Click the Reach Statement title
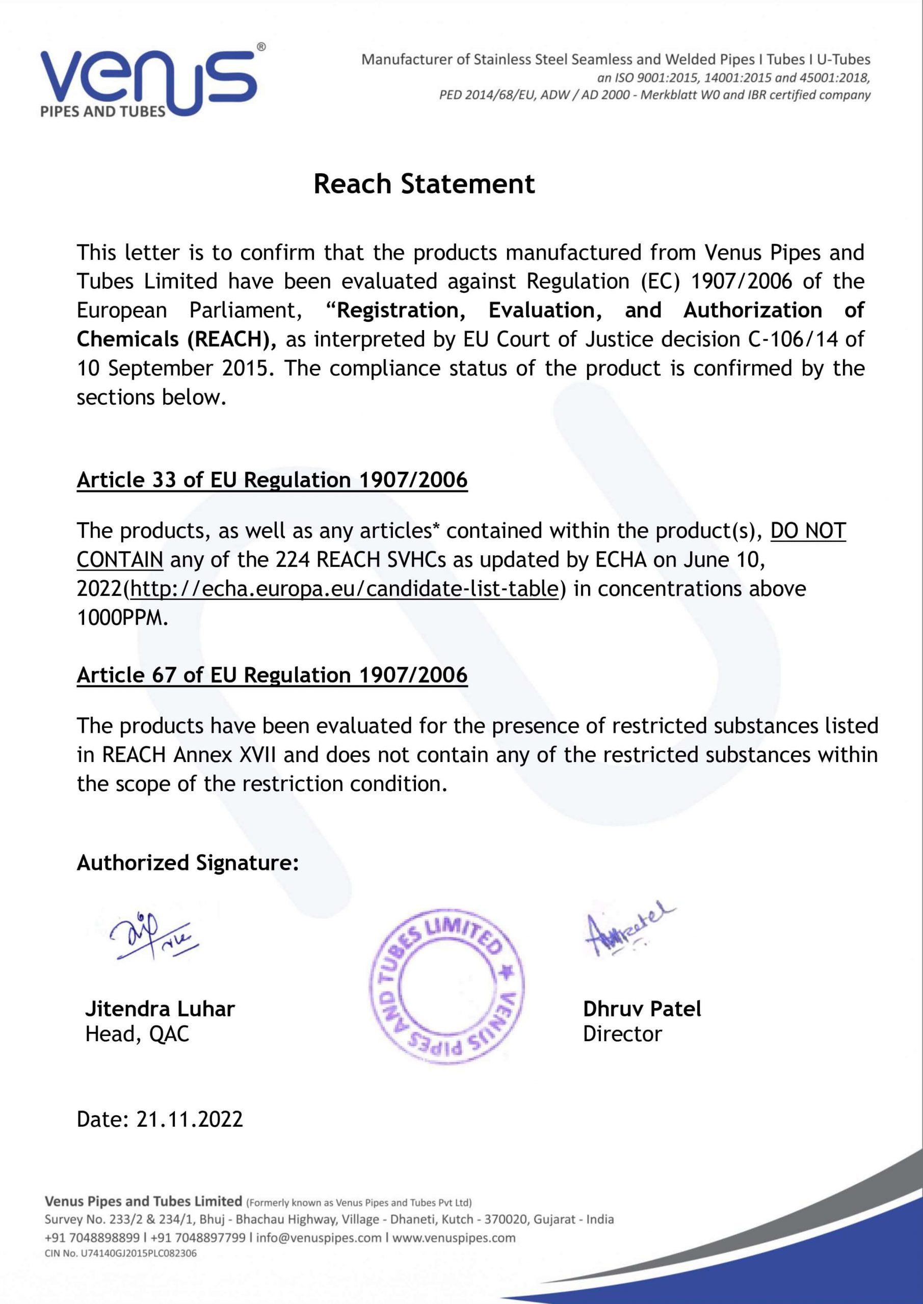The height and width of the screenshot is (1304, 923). (x=424, y=184)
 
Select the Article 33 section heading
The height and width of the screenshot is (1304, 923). (x=272, y=480)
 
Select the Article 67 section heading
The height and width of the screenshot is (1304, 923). (x=272, y=675)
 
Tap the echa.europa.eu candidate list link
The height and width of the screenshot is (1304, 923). (x=345, y=588)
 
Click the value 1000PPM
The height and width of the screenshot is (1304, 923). (x=122, y=617)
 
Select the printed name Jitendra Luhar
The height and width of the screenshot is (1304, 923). (x=160, y=1009)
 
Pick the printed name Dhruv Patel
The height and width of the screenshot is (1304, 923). (x=642, y=1009)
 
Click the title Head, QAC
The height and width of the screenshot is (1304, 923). (x=137, y=1034)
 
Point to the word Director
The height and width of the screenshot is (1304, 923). (x=622, y=1034)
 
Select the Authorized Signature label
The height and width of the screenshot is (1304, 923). (x=188, y=862)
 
